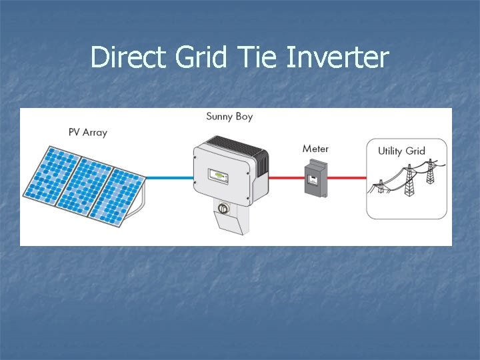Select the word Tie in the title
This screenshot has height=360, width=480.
coord(257,57)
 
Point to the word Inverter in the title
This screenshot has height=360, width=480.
coord(337,57)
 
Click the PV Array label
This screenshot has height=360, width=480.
coord(87,132)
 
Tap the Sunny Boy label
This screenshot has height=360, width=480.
coord(229,117)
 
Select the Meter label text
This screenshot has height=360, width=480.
coord(315,148)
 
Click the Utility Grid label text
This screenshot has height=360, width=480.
coord(401,151)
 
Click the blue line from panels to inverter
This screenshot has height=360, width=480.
coord(169,178)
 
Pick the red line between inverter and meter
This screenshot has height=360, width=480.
coord(286,178)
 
